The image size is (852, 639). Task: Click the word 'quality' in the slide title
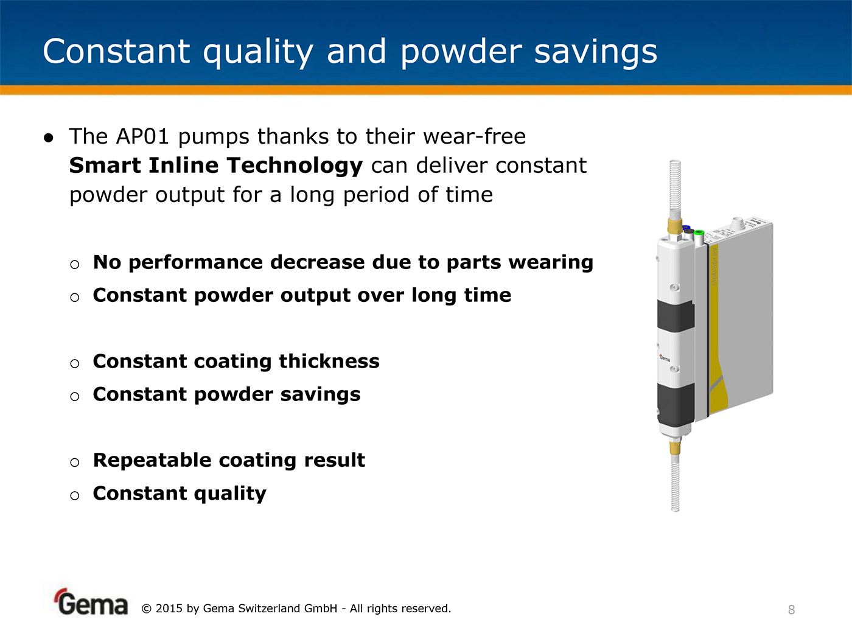point(258,53)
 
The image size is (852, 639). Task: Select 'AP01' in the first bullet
point(142,136)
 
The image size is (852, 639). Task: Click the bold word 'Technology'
point(295,166)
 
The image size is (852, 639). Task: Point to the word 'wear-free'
point(474,136)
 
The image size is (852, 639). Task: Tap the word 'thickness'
point(329,361)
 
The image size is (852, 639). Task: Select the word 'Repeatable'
point(153,461)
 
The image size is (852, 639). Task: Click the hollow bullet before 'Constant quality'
point(74,495)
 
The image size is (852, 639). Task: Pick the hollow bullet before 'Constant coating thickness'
point(74,363)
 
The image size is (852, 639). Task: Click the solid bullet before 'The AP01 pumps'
point(49,138)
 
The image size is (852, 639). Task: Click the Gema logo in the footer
point(91,602)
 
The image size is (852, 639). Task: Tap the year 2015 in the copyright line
point(169,609)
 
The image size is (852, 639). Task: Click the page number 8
point(792,610)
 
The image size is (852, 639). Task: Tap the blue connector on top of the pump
point(686,228)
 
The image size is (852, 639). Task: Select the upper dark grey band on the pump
point(676,316)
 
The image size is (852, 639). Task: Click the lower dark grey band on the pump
point(676,403)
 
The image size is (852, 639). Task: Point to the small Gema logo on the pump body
point(665,358)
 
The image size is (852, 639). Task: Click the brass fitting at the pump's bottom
point(675,447)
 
